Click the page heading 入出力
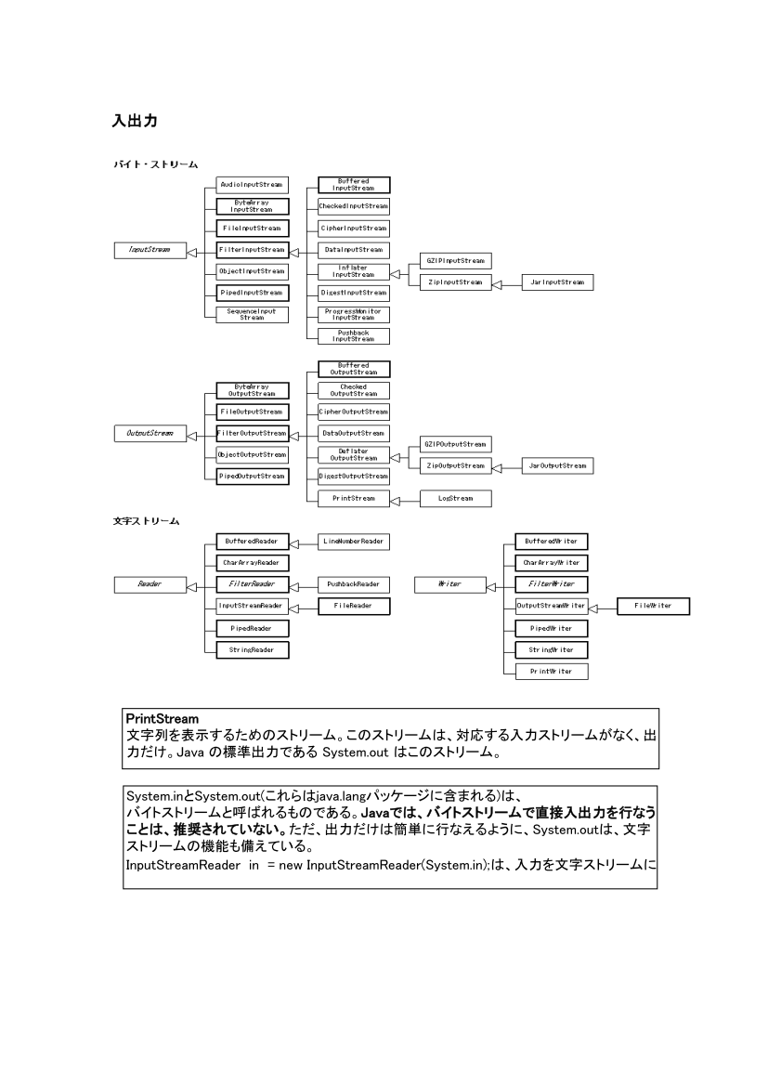point(136,122)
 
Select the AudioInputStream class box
point(250,184)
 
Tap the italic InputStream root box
point(150,250)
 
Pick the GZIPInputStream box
point(455,260)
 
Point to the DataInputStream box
point(354,250)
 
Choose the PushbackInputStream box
point(354,336)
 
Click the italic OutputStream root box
point(150,433)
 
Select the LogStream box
point(455,499)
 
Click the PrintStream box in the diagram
point(354,499)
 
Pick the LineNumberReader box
point(354,541)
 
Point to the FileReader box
point(354,606)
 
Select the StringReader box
point(250,649)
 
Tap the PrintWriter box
point(552,671)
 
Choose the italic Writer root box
point(450,584)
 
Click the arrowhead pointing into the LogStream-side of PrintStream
point(396,500)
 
